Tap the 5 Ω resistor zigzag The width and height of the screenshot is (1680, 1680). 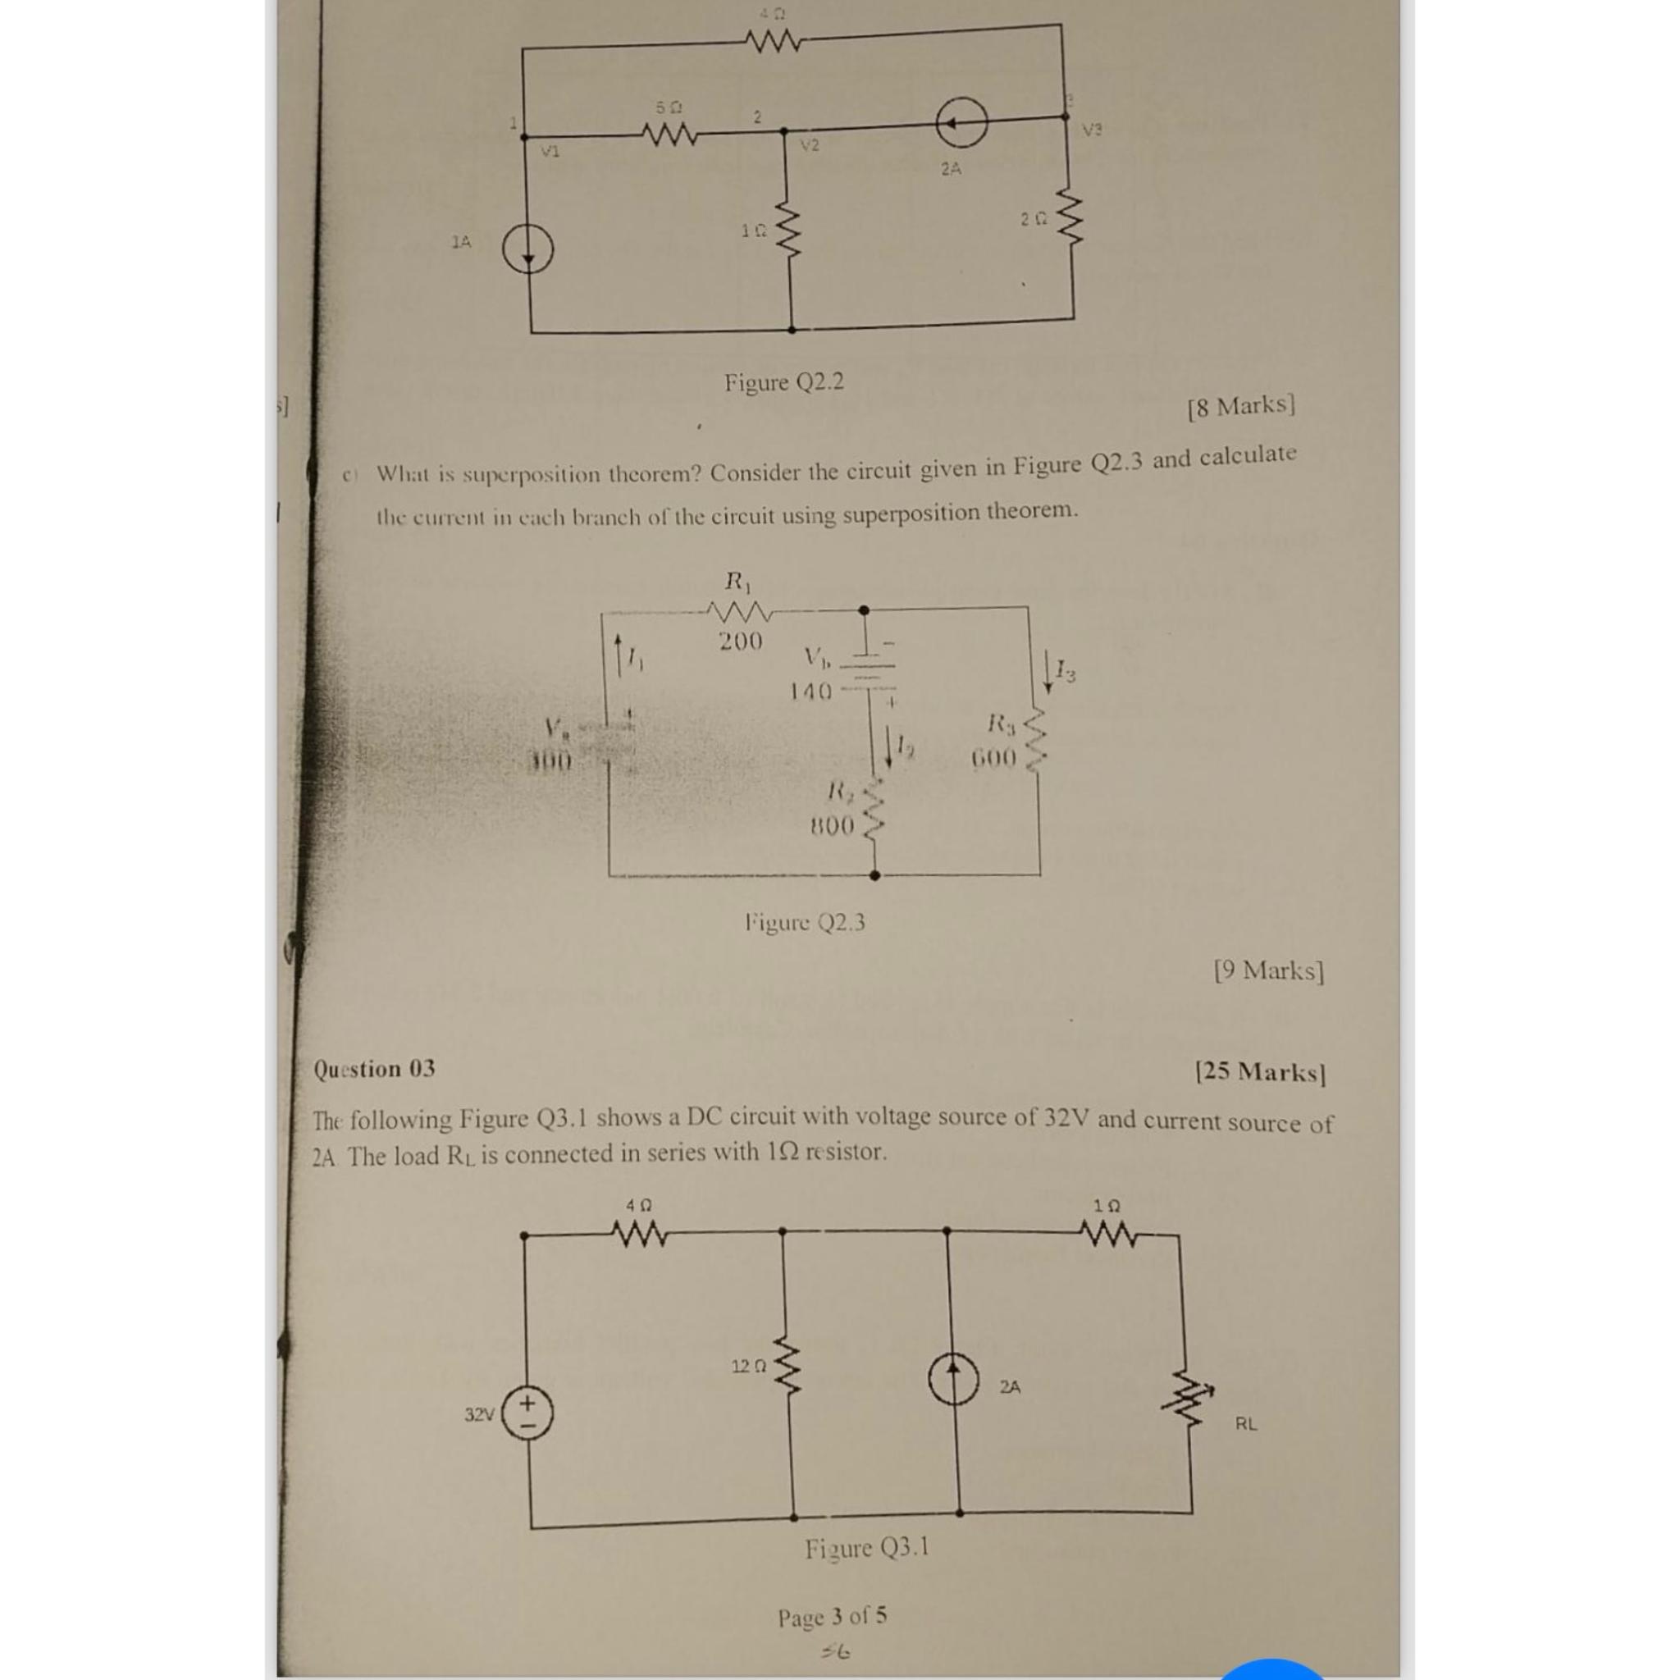pyautogui.click(x=668, y=135)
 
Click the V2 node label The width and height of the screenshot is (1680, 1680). pyautogui.click(x=810, y=145)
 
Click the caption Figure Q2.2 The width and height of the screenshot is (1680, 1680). pyautogui.click(x=783, y=381)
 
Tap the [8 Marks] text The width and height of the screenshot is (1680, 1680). pyautogui.click(x=1241, y=406)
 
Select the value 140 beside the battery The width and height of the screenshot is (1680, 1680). pyautogui.click(x=810, y=692)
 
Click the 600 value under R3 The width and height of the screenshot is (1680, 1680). pyautogui.click(x=993, y=758)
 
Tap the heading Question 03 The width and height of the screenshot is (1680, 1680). pyautogui.click(x=374, y=1069)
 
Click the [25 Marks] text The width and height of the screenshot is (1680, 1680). pyautogui.click(x=1260, y=1071)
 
